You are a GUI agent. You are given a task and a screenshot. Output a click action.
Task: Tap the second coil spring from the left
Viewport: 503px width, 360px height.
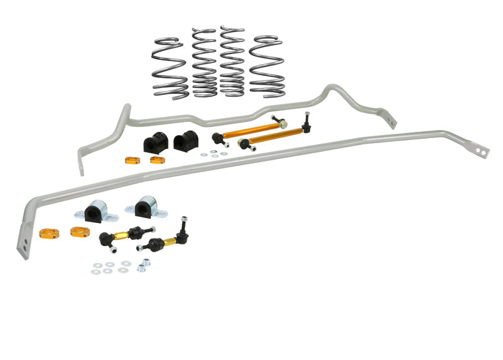[x=204, y=63]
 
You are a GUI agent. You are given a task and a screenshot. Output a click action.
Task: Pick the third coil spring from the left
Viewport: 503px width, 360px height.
[x=232, y=62]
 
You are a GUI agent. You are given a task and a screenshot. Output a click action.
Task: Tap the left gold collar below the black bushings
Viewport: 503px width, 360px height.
[x=133, y=160]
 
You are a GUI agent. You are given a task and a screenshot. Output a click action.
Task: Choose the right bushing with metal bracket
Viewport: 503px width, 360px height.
[x=145, y=207]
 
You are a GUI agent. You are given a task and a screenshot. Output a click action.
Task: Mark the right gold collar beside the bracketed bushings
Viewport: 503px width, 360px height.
[x=80, y=232]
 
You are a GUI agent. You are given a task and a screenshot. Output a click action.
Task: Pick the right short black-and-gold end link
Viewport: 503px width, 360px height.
[x=165, y=238]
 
